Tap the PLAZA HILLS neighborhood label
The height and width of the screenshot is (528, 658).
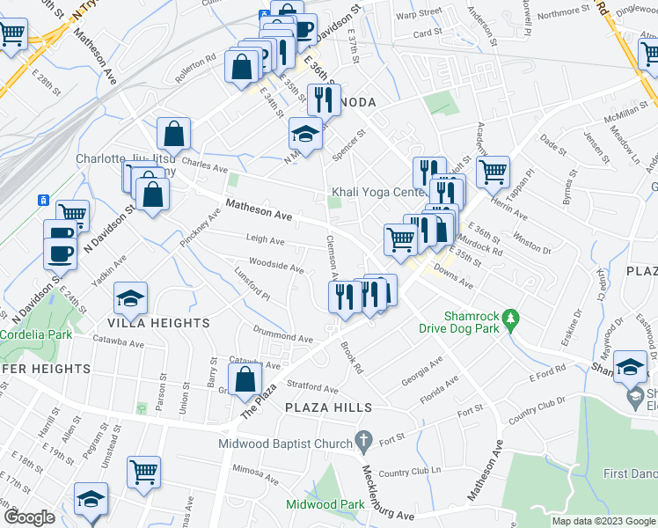[x=328, y=407]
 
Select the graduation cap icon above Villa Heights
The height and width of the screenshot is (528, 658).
[x=130, y=299]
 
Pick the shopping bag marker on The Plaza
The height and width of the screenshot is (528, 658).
[x=246, y=381]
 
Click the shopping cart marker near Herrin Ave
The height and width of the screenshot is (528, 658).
[x=493, y=171]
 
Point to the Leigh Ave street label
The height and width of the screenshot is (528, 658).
[x=265, y=239]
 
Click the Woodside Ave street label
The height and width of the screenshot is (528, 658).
[x=276, y=264]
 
